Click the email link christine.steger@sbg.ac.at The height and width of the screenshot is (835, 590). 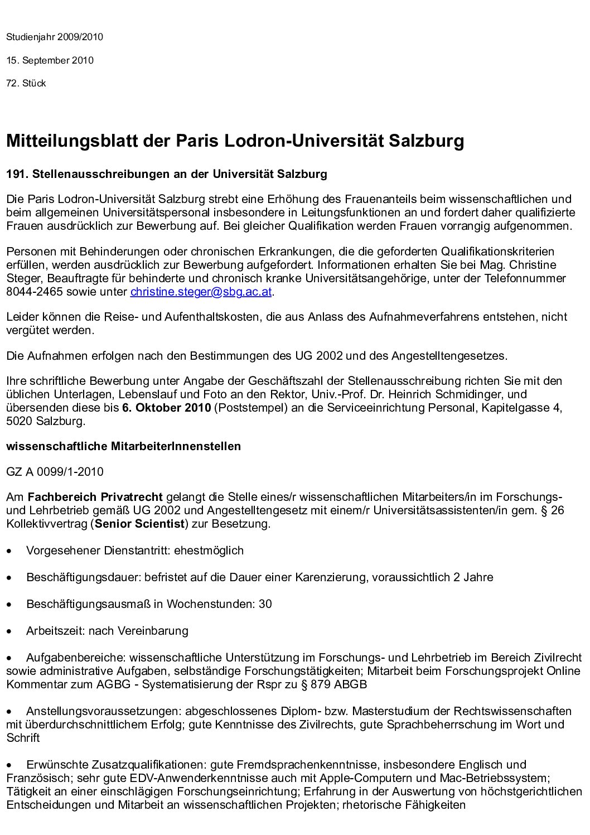[x=202, y=291]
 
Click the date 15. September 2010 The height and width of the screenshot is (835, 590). [x=50, y=60]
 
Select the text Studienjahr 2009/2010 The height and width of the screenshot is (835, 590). [x=55, y=37]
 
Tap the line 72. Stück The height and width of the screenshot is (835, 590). [x=26, y=84]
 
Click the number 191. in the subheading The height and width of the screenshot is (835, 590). [x=17, y=174]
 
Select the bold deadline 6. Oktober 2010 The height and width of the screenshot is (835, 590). [x=166, y=408]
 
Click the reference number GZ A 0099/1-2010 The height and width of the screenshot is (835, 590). [x=55, y=472]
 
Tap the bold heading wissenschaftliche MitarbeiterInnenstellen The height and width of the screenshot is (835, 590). [x=123, y=446]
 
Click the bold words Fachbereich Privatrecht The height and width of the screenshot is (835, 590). [x=95, y=497]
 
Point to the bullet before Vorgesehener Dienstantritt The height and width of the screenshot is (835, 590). [x=9, y=551]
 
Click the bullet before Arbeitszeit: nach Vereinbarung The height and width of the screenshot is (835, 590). [x=9, y=631]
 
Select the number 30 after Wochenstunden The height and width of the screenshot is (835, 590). [x=265, y=604]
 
